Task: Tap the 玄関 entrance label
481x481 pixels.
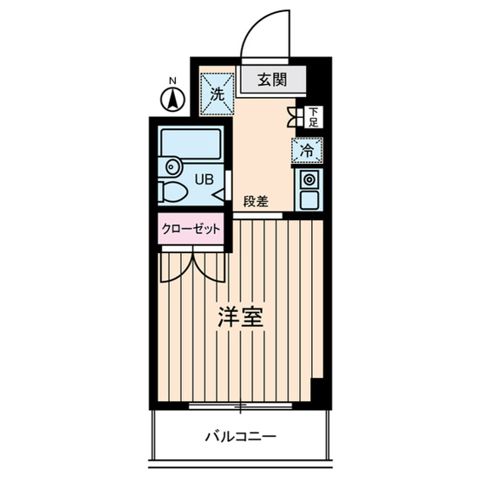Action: pyautogui.click(x=274, y=81)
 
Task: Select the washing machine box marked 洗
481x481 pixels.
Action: pyautogui.click(x=217, y=94)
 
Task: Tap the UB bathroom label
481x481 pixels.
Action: pyautogui.click(x=202, y=179)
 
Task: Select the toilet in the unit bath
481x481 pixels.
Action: pyautogui.click(x=175, y=192)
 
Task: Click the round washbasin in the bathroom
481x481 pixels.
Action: pyautogui.click(x=171, y=166)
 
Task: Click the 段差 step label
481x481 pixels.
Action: pyautogui.click(x=255, y=201)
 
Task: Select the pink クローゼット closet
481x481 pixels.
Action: pyautogui.click(x=192, y=231)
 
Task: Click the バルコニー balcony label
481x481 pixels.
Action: pyautogui.click(x=241, y=436)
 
